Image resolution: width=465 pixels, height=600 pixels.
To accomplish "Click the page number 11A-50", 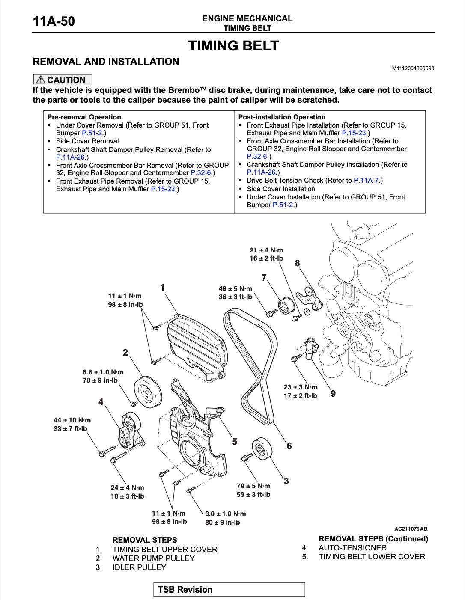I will click(x=54, y=21).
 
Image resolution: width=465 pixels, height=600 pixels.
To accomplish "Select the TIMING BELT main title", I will click(x=233, y=46).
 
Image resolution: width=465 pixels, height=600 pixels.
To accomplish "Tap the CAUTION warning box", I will click(x=63, y=80).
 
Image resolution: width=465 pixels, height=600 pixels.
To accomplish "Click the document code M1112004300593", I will click(x=413, y=68).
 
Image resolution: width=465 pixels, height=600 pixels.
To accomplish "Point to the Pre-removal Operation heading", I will click(x=84, y=117).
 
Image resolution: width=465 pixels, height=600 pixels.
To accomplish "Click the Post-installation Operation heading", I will click(x=282, y=117).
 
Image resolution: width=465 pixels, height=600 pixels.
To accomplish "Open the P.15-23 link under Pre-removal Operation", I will click(x=163, y=189).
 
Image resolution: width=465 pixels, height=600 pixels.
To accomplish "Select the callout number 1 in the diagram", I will click(x=163, y=288).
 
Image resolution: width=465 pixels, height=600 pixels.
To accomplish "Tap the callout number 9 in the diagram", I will click(x=333, y=393).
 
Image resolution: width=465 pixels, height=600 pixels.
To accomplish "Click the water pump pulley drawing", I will click(x=147, y=392).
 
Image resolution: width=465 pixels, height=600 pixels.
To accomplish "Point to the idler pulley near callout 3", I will click(x=260, y=450).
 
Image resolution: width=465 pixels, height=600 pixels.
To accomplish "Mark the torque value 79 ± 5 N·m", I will click(x=253, y=486).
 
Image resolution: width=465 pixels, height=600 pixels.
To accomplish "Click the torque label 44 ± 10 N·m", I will click(x=72, y=420).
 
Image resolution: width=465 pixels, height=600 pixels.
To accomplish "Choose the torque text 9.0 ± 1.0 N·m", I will click(x=226, y=514).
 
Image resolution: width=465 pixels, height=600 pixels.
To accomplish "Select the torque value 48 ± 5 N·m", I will click(x=235, y=289).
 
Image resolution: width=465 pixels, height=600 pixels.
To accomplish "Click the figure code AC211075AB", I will click(x=411, y=529).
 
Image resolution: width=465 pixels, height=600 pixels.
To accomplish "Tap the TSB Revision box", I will click(x=229, y=589).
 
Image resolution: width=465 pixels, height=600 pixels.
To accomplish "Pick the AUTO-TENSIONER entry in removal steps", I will click(x=352, y=547).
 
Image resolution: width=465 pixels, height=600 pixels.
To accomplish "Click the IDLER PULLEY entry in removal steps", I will click(x=139, y=567).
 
